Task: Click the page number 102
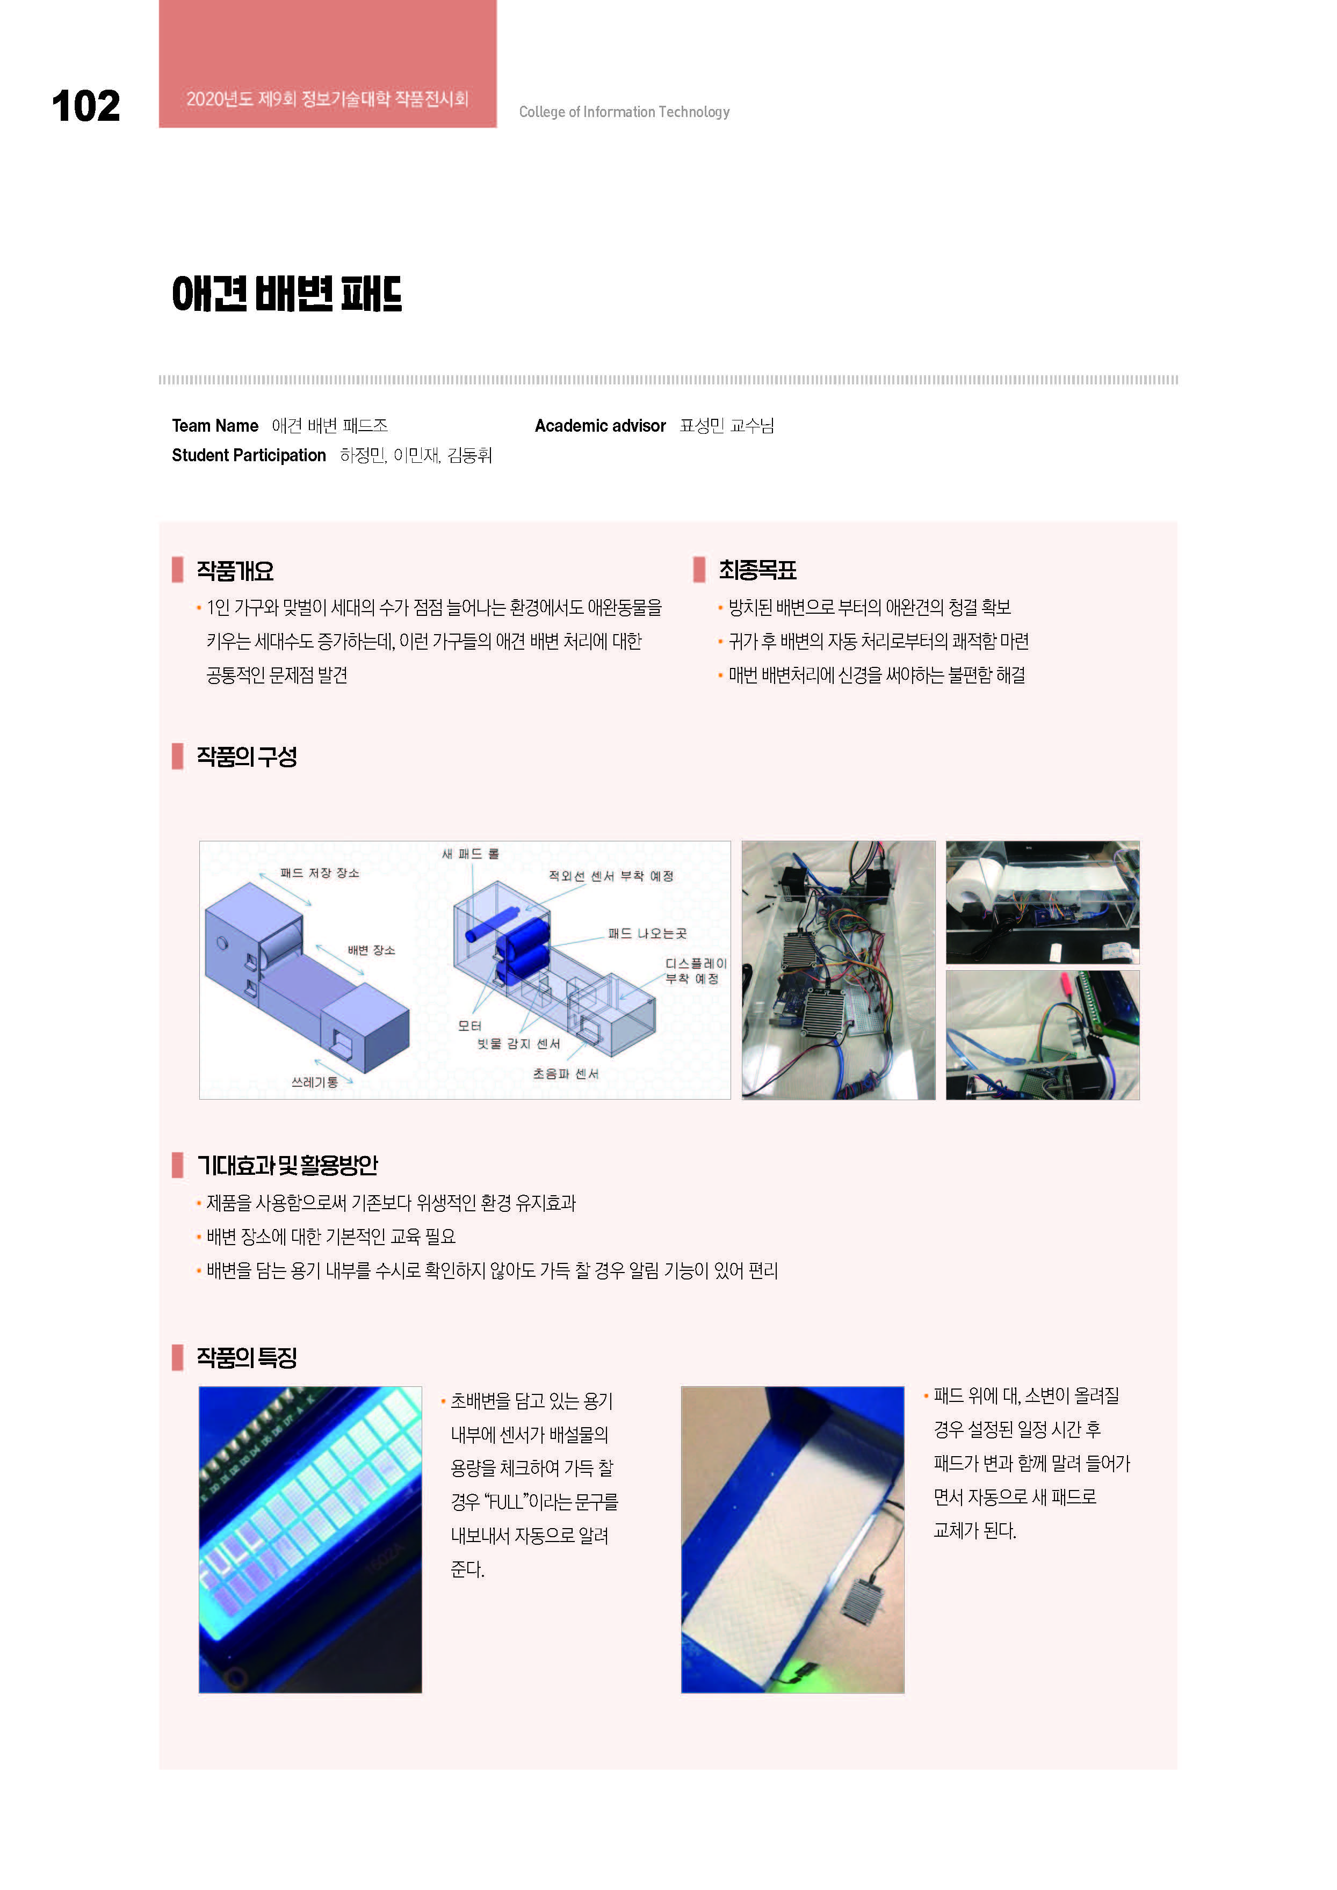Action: [x=85, y=106]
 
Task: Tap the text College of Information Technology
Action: [x=624, y=112]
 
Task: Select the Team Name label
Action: [x=215, y=426]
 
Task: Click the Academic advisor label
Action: [x=600, y=426]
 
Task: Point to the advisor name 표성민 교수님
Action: [x=726, y=426]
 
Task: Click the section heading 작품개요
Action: [x=235, y=570]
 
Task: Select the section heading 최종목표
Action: [x=757, y=570]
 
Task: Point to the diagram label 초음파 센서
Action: [x=566, y=1073]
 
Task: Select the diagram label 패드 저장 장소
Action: [x=320, y=873]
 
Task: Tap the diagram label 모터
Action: [x=469, y=1026]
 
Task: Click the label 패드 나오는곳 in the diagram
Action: [x=647, y=934]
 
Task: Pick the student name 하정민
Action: [x=362, y=455]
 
